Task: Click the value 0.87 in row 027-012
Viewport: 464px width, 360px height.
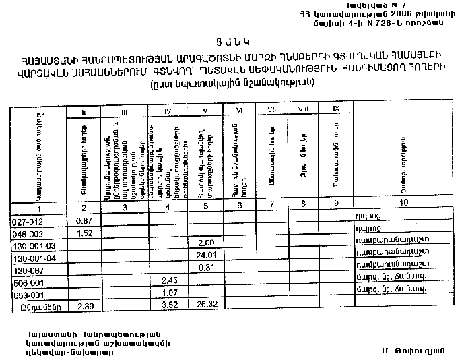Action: point(84,221)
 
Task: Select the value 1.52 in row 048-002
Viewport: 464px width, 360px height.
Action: point(84,233)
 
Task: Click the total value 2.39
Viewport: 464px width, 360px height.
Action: point(84,307)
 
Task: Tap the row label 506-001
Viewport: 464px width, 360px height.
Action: point(28,282)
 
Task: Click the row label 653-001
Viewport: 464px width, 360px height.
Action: point(28,295)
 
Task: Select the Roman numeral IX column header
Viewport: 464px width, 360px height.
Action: point(336,109)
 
